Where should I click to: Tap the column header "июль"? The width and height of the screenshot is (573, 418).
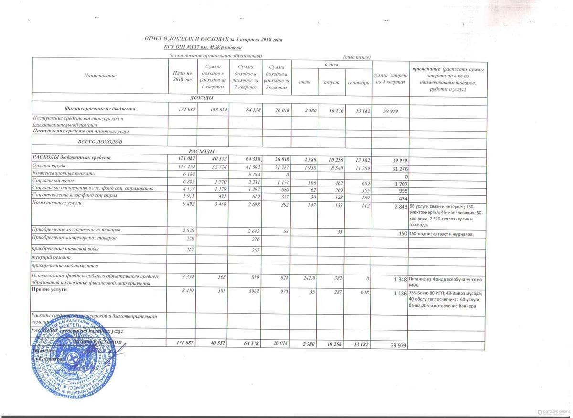(304, 83)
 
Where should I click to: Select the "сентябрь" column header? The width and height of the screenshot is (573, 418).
(358, 83)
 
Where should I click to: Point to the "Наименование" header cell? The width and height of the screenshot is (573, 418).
(100, 76)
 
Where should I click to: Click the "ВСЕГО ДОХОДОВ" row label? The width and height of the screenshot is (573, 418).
(100, 142)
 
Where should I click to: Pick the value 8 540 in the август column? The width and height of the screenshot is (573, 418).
(331, 165)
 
